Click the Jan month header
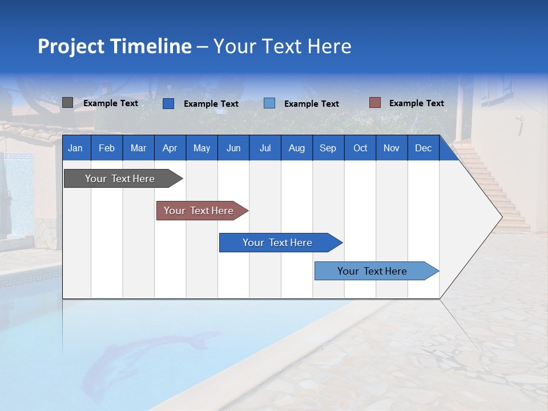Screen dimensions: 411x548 [75, 148]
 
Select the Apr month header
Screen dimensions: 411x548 [170, 148]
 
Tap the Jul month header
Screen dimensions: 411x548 [265, 148]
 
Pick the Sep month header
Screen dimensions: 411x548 [328, 148]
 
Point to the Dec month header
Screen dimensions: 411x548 [423, 148]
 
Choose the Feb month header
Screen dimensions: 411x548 [107, 148]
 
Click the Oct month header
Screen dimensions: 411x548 [360, 148]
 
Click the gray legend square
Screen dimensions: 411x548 [67, 103]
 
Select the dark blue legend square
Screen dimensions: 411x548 [168, 103]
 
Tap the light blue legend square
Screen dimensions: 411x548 [269, 103]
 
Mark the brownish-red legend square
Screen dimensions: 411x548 [374, 103]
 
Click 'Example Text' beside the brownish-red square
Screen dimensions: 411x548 [416, 103]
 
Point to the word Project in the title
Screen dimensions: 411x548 [71, 47]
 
